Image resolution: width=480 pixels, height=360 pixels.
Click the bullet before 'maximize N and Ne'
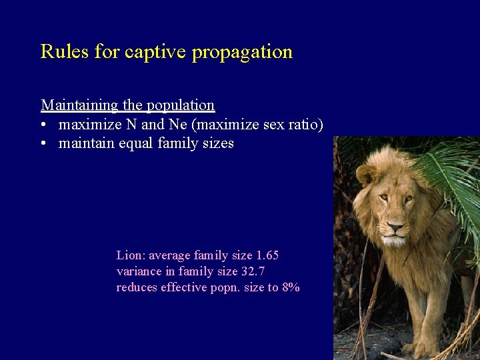pos(44,125)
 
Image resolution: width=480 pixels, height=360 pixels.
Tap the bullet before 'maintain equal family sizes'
pos(44,143)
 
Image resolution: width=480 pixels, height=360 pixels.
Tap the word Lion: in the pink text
pos(131,255)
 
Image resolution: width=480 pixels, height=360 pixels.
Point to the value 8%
pos(291,287)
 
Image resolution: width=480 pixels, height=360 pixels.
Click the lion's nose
pos(395,229)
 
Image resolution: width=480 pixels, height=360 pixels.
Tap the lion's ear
pos(366,175)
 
